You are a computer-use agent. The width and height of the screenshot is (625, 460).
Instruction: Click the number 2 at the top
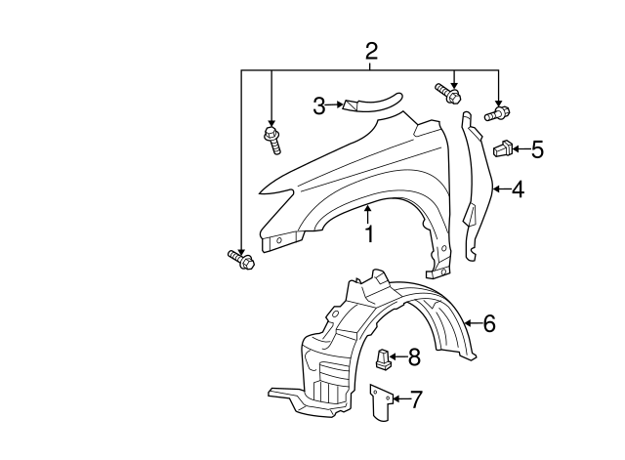371,51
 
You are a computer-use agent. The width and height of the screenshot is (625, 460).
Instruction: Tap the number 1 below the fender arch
370,234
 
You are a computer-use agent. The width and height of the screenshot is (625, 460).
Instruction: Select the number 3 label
319,105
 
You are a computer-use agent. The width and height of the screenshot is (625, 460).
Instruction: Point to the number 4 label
518,189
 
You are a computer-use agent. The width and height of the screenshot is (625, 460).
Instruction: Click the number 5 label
537,149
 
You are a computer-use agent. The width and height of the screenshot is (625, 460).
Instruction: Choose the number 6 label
489,322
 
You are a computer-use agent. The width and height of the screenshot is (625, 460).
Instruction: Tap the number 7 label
416,398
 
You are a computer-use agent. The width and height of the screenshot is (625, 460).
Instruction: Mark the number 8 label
413,357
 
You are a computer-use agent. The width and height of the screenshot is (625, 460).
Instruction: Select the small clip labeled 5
504,148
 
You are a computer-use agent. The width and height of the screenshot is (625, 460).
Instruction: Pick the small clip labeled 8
384,358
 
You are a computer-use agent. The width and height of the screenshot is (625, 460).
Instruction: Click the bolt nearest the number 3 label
271,139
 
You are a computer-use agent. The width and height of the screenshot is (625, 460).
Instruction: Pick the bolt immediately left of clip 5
496,113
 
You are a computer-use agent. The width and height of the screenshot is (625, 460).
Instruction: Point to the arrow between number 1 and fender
369,213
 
